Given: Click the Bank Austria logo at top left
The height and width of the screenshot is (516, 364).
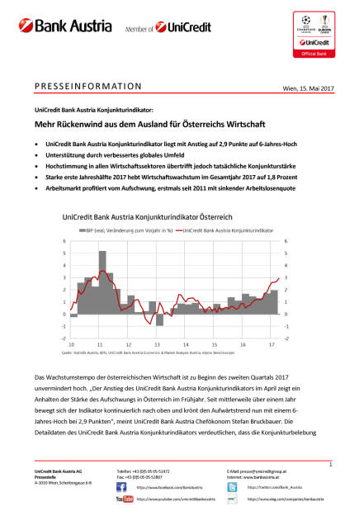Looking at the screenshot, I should point(59,26).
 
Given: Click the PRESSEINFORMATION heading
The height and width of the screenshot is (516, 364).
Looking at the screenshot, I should point(88,85).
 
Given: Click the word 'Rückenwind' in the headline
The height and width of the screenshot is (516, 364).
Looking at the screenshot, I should point(98,121).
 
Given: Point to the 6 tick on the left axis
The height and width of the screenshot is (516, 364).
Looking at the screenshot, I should point(65,242).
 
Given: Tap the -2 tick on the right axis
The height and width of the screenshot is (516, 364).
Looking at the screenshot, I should point(286,338).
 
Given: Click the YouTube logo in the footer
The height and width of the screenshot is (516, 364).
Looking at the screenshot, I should point(125,499).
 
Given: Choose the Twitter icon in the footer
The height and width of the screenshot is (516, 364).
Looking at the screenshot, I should point(232,487).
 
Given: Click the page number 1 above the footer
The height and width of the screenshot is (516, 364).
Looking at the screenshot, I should point(330,466).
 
